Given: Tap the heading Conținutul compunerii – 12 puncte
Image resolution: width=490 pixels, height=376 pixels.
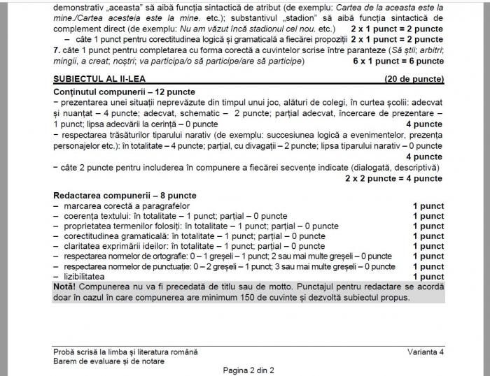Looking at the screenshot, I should coord(124,92).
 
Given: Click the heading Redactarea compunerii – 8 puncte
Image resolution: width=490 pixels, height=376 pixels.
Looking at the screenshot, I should coord(125,196).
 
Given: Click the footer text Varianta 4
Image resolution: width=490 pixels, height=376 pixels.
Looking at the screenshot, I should coord(426,352).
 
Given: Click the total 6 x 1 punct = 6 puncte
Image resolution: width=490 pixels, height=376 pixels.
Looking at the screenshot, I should coord(398,61).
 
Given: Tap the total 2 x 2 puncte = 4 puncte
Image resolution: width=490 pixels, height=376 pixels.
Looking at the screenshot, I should coord(394,178).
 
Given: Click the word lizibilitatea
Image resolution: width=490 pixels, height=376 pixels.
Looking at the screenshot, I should coord(86,277).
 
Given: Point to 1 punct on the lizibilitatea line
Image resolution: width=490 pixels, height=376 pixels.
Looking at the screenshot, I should coord(428,277).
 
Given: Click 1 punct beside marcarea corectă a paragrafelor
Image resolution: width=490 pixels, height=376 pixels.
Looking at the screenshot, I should coord(428,206).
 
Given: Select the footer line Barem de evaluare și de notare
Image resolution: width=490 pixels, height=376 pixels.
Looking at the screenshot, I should coord(109,361).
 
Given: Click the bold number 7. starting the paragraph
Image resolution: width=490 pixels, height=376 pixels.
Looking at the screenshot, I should coord(57,50).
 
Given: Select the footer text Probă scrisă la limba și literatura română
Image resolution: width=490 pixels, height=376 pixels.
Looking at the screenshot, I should coord(125,352).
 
